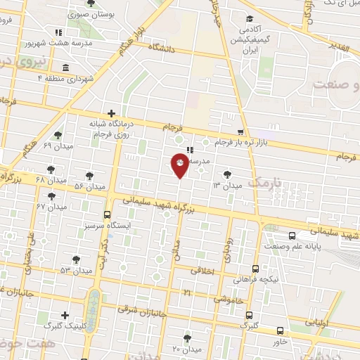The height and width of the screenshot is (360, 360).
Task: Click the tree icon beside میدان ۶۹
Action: pyautogui.click(x=57, y=136)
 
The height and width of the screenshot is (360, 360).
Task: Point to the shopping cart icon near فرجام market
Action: pyautogui.click(x=241, y=131)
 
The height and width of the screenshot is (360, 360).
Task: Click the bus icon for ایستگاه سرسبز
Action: pyautogui.click(x=107, y=214)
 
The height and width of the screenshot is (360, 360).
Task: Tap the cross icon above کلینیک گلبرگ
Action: pyautogui.click(x=65, y=315)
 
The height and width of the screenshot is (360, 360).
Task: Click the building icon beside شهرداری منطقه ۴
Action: pyautogui.click(x=65, y=67)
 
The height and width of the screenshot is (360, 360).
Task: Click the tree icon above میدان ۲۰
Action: pyautogui.click(x=187, y=338)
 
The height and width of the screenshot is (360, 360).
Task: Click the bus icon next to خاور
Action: pyautogui.click(x=280, y=330)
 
